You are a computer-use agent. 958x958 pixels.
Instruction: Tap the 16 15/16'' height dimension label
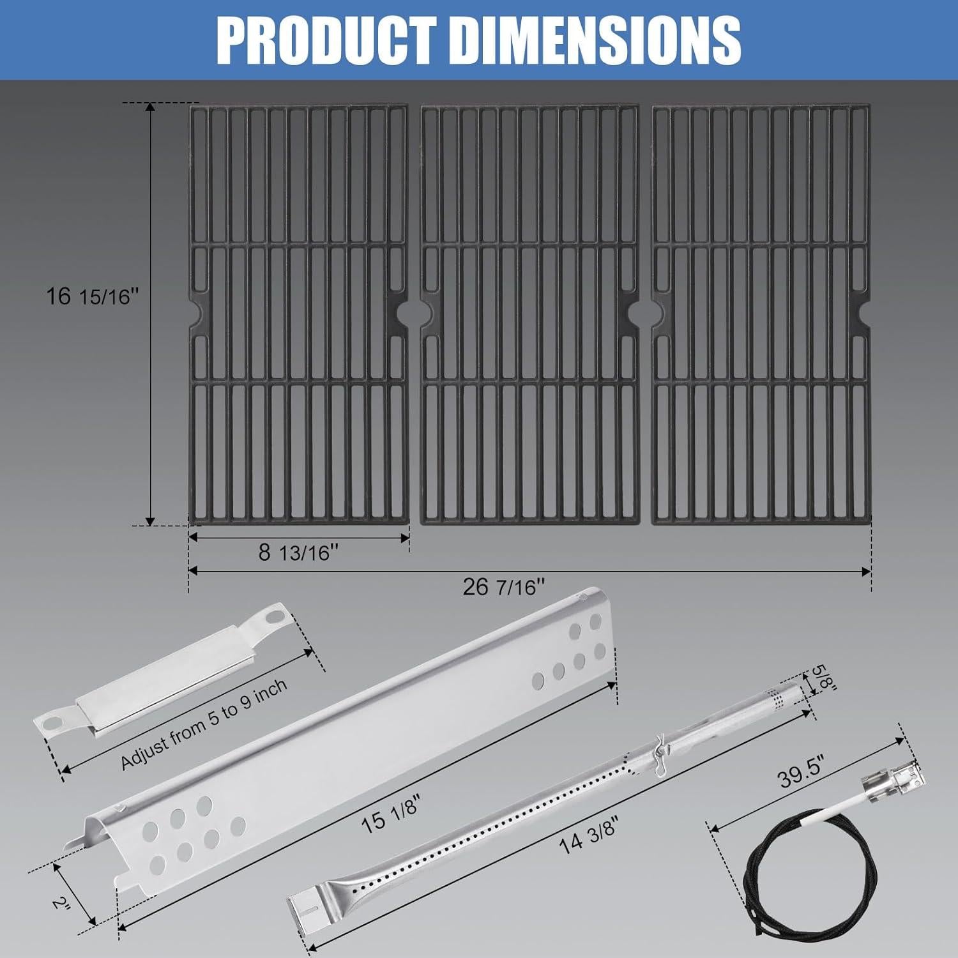(x=92, y=296)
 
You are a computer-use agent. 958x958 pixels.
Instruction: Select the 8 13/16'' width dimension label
(x=298, y=552)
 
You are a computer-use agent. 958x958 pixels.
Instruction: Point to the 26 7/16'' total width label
(x=504, y=587)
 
